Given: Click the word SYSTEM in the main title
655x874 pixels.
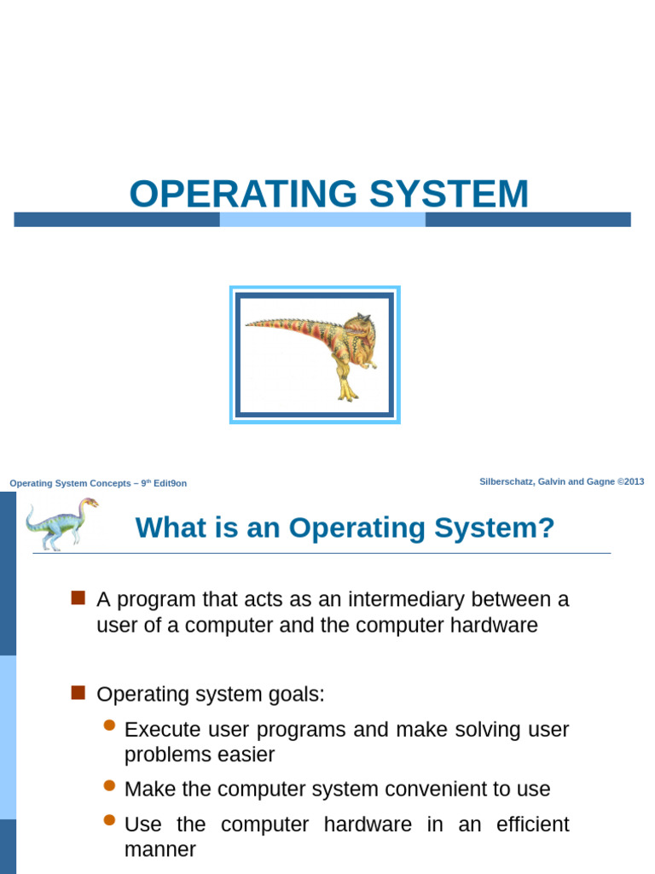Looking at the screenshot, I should (449, 194).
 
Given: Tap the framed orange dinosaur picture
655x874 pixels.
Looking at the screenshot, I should (315, 355).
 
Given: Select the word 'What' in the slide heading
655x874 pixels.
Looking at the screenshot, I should (165, 528).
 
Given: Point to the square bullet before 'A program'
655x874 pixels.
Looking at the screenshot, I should (78, 597).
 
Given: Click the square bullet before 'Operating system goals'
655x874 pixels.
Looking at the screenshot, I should (78, 692).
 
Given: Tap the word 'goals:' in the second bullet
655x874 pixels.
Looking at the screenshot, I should (298, 694).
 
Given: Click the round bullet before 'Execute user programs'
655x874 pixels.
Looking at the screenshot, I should (108, 725).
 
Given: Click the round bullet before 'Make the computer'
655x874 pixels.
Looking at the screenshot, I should (108, 785).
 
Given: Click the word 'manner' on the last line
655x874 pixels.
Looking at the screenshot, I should (160, 849).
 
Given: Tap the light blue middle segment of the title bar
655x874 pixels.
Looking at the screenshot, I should (322, 219).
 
